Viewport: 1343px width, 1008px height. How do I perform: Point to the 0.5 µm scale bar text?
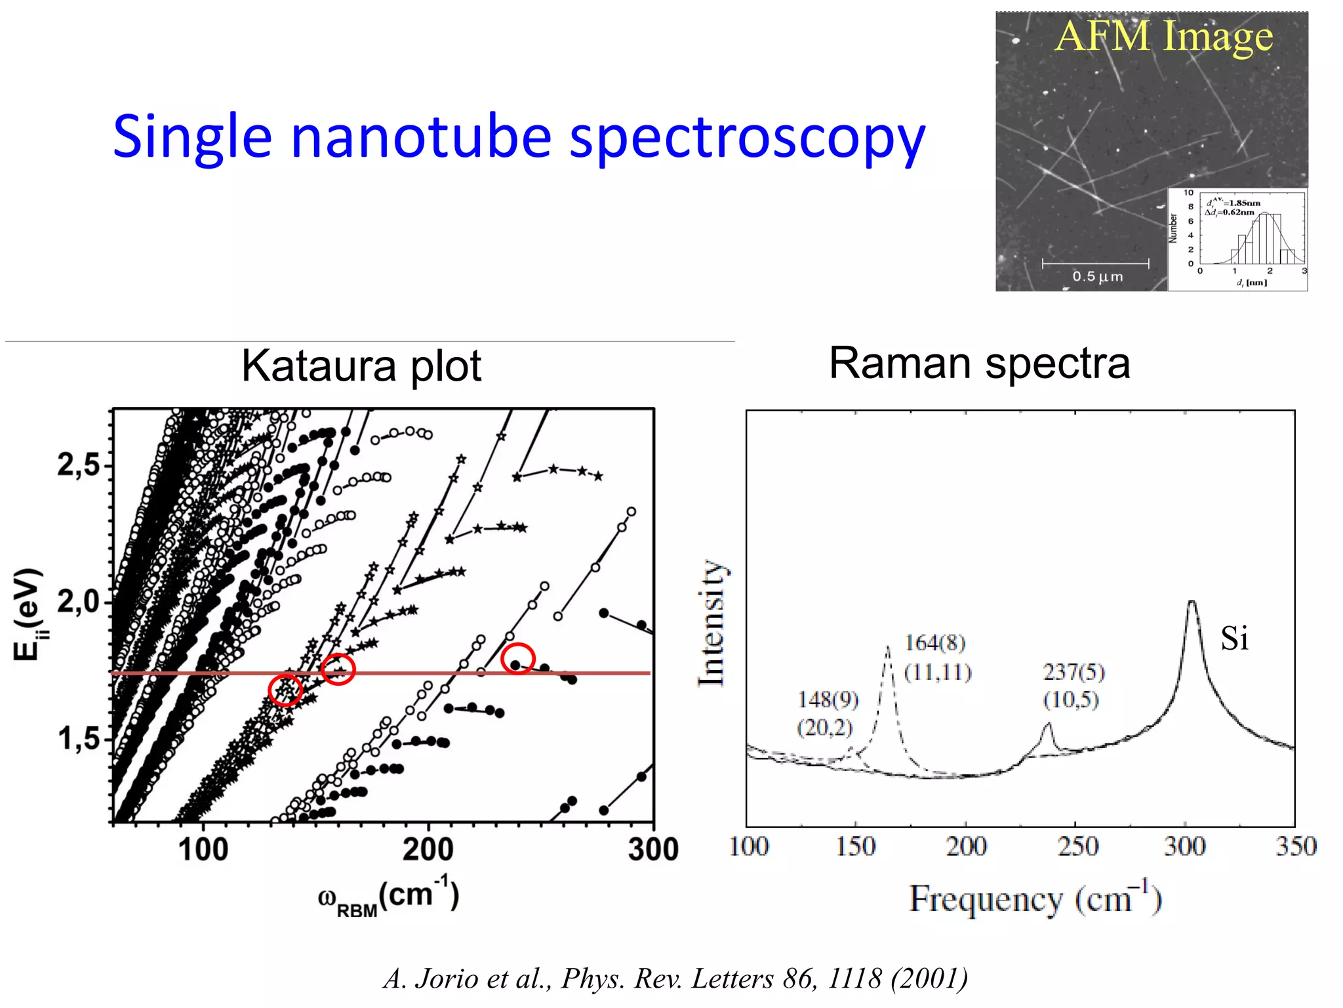[x=1097, y=277]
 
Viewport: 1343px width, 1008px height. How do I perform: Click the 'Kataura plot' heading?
[x=361, y=366]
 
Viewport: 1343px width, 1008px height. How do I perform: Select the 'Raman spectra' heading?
[x=980, y=363]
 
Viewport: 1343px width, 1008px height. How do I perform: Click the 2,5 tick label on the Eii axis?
[x=79, y=465]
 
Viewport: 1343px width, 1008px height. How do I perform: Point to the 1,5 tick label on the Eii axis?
[x=79, y=740]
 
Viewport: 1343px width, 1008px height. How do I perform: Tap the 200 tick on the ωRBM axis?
[x=428, y=849]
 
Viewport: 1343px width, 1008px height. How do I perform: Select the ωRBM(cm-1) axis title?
[x=388, y=896]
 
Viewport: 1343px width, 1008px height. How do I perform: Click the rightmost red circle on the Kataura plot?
[x=518, y=658]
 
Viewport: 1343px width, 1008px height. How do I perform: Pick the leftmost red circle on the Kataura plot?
[x=285, y=690]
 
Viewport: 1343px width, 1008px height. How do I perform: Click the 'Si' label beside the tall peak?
[x=1234, y=639]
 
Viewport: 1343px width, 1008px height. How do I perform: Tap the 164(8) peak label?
[x=935, y=643]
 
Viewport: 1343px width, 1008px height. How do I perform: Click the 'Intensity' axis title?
[x=712, y=623]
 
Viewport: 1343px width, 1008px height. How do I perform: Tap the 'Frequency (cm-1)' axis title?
[x=1035, y=899]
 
